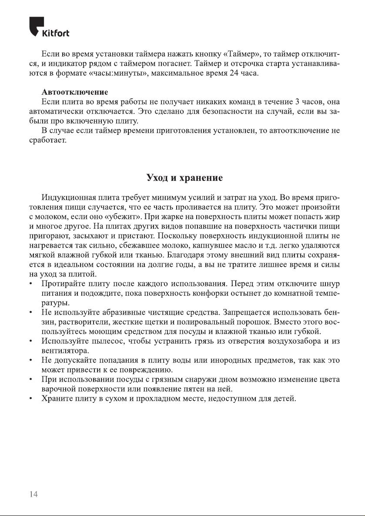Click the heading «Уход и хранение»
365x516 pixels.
point(184,178)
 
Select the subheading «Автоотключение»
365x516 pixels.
point(74,93)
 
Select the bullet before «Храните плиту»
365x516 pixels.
point(30,399)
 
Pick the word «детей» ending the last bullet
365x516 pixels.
point(285,399)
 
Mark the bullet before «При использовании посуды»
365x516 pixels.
point(30,379)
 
